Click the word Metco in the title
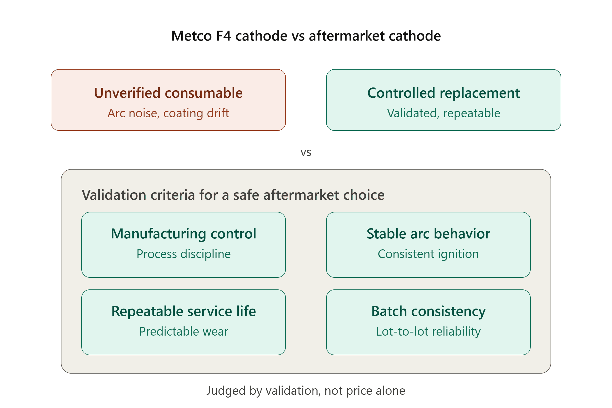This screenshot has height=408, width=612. tap(192, 36)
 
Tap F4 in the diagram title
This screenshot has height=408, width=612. tap(224, 36)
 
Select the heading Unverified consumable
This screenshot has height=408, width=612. tap(168, 93)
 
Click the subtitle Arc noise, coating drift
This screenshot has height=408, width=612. tap(168, 113)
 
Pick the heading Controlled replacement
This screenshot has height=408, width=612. tap(444, 93)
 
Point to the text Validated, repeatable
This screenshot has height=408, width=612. tap(444, 113)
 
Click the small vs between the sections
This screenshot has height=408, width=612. tap(306, 152)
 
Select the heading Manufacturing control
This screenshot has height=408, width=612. tap(184, 234)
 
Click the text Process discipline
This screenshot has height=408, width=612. tap(184, 254)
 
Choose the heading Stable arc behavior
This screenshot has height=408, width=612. tap(428, 234)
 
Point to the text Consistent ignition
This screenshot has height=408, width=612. tap(428, 254)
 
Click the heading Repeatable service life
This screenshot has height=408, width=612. tap(184, 311)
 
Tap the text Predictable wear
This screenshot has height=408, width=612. tap(184, 331)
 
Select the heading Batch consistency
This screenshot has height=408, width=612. tap(428, 311)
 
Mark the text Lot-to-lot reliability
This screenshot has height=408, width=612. tap(428, 331)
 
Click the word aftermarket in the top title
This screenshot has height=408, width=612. tap(347, 36)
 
